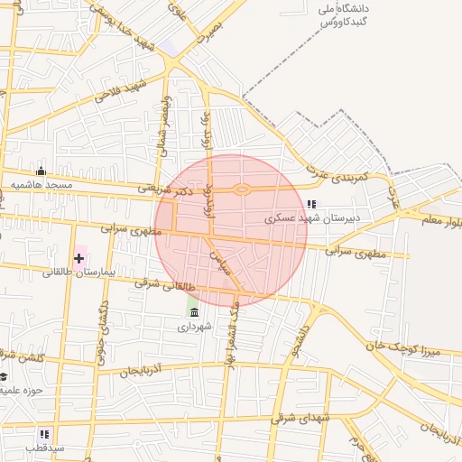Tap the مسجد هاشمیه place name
click(42, 185)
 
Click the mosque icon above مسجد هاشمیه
click(40, 171)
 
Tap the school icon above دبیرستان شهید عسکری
click(311, 204)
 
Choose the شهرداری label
click(195, 326)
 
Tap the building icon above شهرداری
click(194, 312)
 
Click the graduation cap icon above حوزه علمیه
click(3, 376)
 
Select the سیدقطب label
click(44, 448)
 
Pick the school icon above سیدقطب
click(44, 434)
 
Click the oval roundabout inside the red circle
click(242, 189)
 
